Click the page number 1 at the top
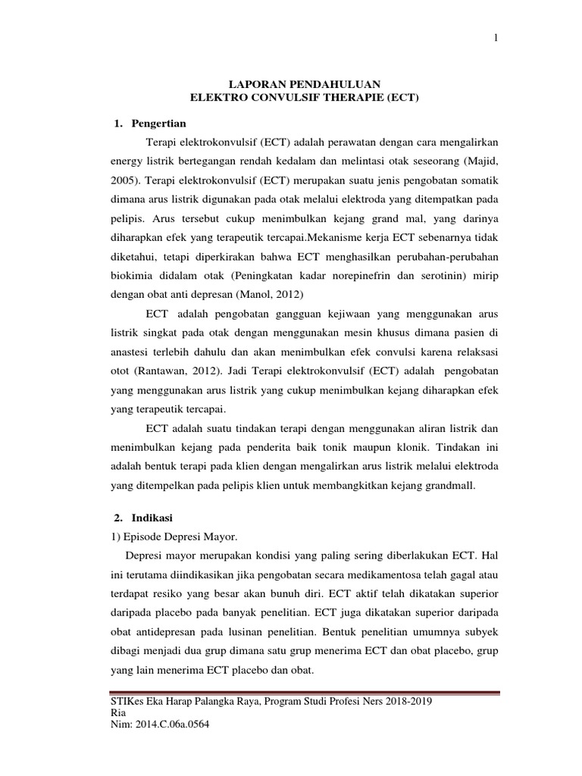[496, 40]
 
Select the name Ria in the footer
[119, 713]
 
